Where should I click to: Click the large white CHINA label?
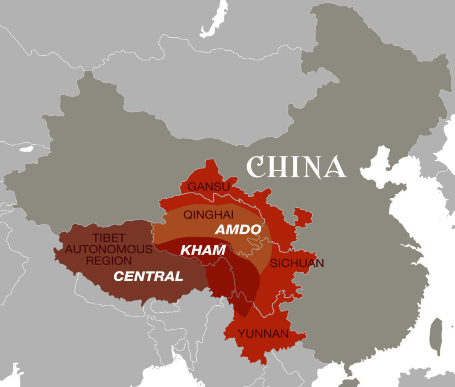[296, 167]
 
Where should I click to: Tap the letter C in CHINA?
[255, 167]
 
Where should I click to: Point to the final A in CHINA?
[335, 167]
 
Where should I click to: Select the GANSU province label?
[208, 187]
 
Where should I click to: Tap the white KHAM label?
[203, 250]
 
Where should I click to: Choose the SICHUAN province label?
[297, 263]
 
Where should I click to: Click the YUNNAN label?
[263, 334]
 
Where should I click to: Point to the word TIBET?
[109, 238]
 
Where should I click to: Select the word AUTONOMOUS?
[109, 249]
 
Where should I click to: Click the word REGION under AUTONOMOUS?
[109, 261]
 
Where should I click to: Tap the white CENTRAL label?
[148, 276]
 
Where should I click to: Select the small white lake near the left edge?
[27, 149]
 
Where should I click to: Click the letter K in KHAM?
[185, 250]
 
